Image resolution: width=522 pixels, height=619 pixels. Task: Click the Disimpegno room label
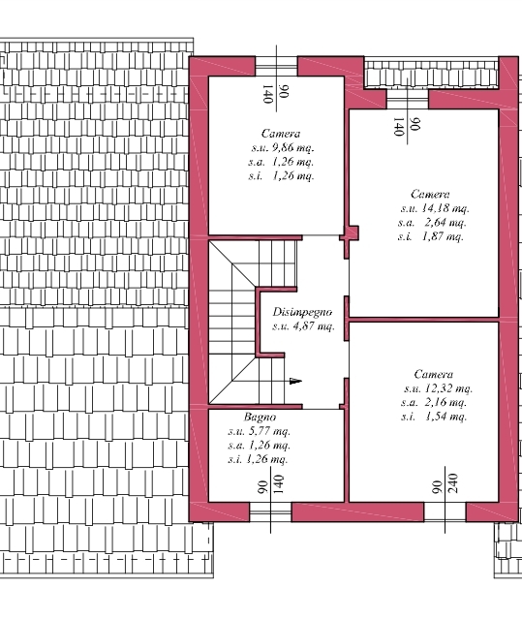click(302, 312)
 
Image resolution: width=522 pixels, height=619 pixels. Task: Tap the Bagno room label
click(260, 417)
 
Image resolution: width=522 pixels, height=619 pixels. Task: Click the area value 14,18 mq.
click(445, 208)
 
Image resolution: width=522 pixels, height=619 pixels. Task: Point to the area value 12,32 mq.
click(448, 388)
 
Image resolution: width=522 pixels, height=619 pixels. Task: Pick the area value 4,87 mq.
click(314, 326)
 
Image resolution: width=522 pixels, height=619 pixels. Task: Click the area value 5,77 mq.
click(269, 431)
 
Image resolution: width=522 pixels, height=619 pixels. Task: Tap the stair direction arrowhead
click(295, 381)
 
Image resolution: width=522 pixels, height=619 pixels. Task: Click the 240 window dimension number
click(453, 483)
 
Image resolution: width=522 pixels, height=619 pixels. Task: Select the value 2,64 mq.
click(445, 222)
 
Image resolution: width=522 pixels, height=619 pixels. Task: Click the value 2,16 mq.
click(445, 402)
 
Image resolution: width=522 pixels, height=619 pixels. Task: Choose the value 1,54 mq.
click(445, 417)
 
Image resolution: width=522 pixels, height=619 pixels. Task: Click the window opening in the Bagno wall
click(270, 512)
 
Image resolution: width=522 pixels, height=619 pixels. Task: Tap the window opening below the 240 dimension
click(445, 512)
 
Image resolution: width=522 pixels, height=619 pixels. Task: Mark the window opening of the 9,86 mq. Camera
click(276, 66)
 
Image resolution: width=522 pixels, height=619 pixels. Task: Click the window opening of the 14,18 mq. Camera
click(407, 100)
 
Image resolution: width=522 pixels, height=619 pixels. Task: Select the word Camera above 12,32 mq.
click(434, 374)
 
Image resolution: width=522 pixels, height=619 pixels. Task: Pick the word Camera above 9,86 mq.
click(281, 134)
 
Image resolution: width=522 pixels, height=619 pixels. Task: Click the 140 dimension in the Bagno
click(278, 484)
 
